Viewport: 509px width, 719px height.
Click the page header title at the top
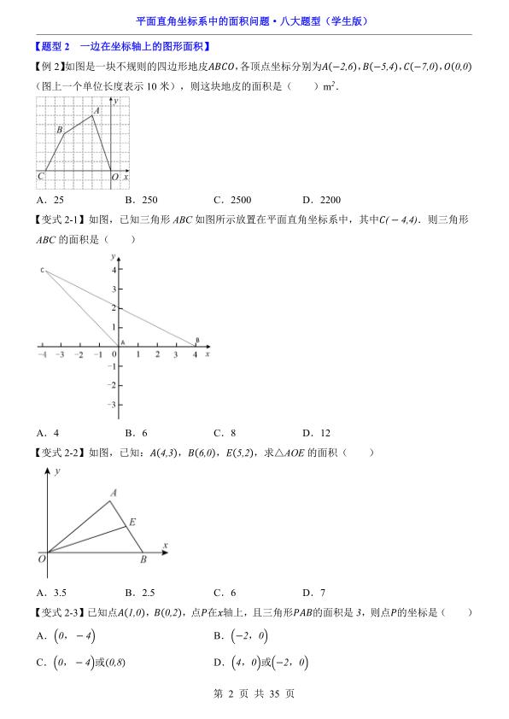(x=254, y=21)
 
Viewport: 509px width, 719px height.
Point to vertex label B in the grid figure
(x=60, y=130)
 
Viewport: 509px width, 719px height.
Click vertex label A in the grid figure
(x=97, y=109)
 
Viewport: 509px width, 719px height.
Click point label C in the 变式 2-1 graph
(x=41, y=270)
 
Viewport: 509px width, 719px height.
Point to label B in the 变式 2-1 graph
(x=197, y=340)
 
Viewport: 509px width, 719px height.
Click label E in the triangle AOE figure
(x=132, y=522)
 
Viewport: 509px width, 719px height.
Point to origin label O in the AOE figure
(x=41, y=559)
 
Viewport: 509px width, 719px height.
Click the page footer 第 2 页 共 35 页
(x=254, y=694)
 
